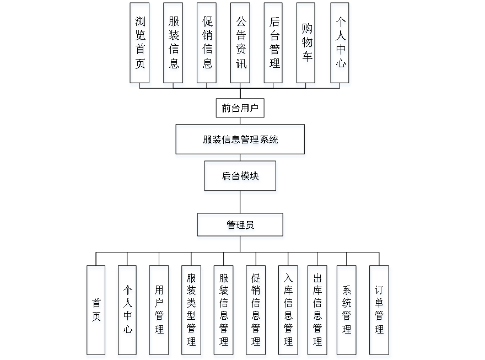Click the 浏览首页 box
(141, 45)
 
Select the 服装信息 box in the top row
(174, 45)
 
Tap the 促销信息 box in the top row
(207, 45)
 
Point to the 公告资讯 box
(241, 45)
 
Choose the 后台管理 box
(274, 45)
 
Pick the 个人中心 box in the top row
(340, 45)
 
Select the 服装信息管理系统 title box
(240, 141)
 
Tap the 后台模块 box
(241, 178)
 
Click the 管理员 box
(241, 227)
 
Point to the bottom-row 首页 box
(96, 312)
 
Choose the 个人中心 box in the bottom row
(128, 312)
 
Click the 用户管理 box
(160, 312)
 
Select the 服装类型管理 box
(192, 312)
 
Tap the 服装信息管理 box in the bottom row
(224, 312)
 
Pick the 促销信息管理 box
(256, 312)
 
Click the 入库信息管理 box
(288, 312)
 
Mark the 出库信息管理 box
(317, 312)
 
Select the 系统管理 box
(347, 312)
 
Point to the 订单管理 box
(380, 312)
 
